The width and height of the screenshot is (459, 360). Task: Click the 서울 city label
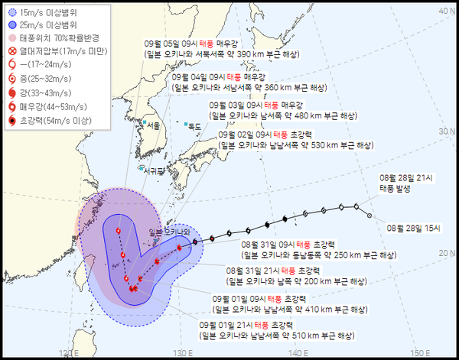132,125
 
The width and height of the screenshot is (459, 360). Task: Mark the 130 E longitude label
182,353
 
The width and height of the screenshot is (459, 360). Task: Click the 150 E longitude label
416,353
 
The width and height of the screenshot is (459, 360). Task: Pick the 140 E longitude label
299,353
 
